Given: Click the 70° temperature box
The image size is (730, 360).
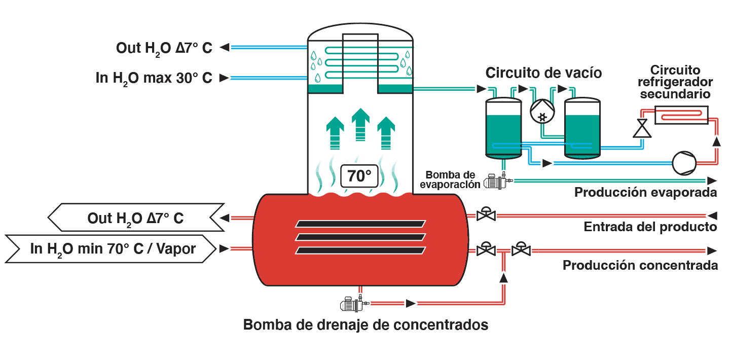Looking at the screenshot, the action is point(359,176).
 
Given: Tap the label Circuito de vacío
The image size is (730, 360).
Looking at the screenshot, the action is point(543,73).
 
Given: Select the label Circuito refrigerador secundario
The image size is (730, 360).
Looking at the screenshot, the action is point(675,82).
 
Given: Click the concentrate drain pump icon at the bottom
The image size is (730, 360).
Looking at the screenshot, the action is point(354,303).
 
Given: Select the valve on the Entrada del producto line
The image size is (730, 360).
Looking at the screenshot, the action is point(486,214).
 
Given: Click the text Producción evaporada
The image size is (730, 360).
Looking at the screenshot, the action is point(645,192).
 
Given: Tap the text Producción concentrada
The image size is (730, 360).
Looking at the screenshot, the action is point(640,265).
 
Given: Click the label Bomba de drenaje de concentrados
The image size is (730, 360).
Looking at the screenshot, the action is point(366,325).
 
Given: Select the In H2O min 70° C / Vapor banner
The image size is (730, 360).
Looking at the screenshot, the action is point(111,248).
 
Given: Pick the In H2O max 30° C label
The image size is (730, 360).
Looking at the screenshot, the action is point(154,78).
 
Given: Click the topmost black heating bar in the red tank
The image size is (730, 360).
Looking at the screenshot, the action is point(360,224).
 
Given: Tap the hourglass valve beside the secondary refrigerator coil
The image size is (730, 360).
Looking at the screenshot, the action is point(642,128).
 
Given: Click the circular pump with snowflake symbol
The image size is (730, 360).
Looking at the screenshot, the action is point(542,111).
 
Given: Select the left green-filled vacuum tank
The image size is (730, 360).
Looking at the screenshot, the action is point(503,128).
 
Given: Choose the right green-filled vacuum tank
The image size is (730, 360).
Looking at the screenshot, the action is point(582,128).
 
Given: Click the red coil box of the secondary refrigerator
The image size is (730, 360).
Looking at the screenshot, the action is point(681,115).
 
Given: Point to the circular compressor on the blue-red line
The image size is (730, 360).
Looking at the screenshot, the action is point(684,163).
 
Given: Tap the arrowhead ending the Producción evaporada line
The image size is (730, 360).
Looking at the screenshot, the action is point(712,181).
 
